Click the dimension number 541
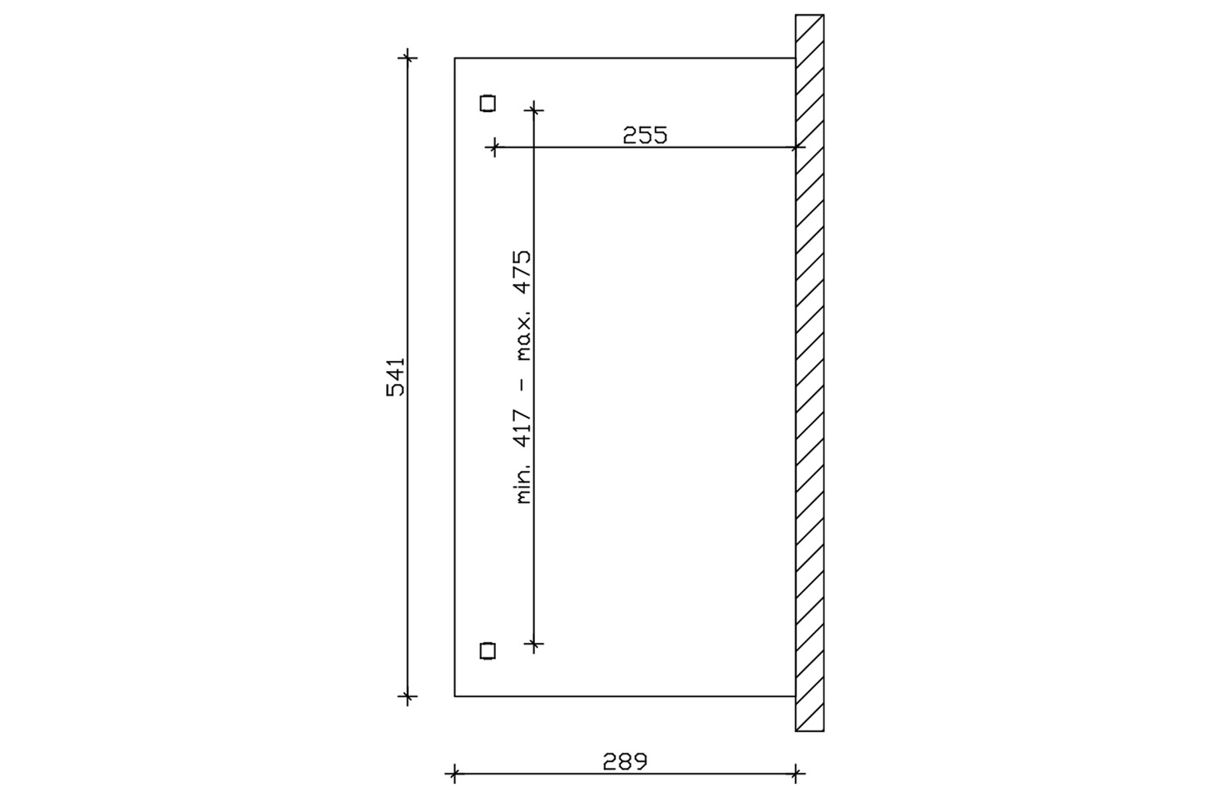coord(395,376)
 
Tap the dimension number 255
coord(645,135)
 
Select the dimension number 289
coord(625,762)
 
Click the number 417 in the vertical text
coord(523,429)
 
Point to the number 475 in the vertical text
coord(523,272)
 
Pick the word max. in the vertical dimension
coord(523,338)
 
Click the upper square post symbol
coord(488,103)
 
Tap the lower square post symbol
coord(488,651)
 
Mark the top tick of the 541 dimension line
coord(407,57)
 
